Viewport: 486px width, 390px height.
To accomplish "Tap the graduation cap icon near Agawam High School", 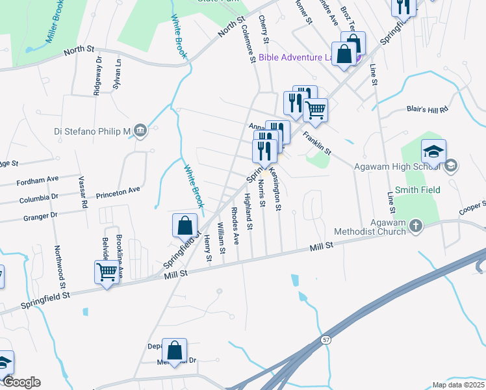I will pos(433,152).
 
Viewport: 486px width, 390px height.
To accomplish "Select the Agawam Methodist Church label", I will pos(370,226).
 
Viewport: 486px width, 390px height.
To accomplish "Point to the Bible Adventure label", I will pos(296,57).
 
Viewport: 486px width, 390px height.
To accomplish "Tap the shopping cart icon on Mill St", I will pos(107,272).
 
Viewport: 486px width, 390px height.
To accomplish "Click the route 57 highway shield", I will pos(326,340).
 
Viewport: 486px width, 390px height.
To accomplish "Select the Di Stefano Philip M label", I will pos(92,131).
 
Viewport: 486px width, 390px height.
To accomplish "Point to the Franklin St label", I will pos(316,143).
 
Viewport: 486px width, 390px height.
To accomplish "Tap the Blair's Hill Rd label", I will pos(428,110).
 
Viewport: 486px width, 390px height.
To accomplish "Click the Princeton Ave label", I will pos(118,190).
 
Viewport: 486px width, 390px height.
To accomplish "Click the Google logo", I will pos(21,382).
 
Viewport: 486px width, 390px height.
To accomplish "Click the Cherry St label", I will pos(263,31).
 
